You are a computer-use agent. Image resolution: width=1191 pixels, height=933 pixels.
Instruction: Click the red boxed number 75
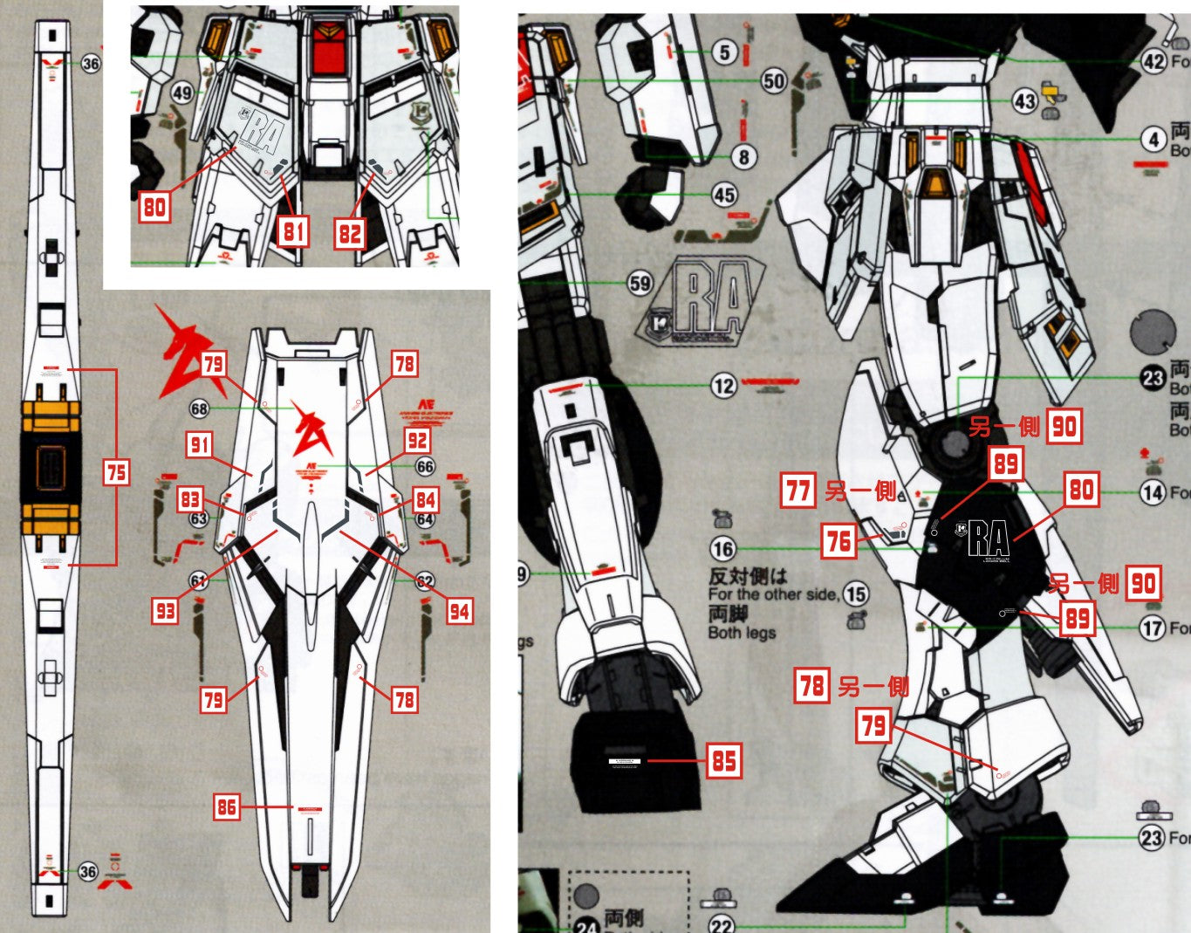116,472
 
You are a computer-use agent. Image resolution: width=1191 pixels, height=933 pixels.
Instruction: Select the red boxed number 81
293,231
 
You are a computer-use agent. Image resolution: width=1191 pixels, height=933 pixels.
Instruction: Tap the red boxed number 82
350,233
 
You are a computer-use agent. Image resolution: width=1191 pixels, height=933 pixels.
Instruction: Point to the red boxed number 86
227,807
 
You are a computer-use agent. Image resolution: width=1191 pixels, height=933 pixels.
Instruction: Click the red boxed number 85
724,761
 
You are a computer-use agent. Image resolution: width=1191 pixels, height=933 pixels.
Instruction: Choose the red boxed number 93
166,611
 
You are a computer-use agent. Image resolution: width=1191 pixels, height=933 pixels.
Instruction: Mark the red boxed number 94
459,611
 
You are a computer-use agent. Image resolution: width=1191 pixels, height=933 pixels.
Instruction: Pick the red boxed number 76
838,542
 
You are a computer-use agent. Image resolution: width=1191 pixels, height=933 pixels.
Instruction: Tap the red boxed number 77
798,491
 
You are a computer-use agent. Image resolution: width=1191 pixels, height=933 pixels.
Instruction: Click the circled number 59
640,283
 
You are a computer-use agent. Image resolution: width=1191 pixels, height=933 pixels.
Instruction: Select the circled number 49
181,93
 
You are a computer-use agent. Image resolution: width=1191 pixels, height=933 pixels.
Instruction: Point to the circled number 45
724,195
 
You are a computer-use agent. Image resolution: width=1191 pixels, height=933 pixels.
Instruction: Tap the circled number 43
1024,101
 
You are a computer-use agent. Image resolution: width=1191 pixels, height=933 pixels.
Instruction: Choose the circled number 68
200,408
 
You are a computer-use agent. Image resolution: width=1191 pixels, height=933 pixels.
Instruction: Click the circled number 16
722,549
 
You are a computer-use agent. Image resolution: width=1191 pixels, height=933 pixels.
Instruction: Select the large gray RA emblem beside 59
707,302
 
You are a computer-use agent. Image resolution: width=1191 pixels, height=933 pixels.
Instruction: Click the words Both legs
742,633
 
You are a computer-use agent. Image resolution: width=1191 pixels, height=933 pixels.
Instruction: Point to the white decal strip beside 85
624,761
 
